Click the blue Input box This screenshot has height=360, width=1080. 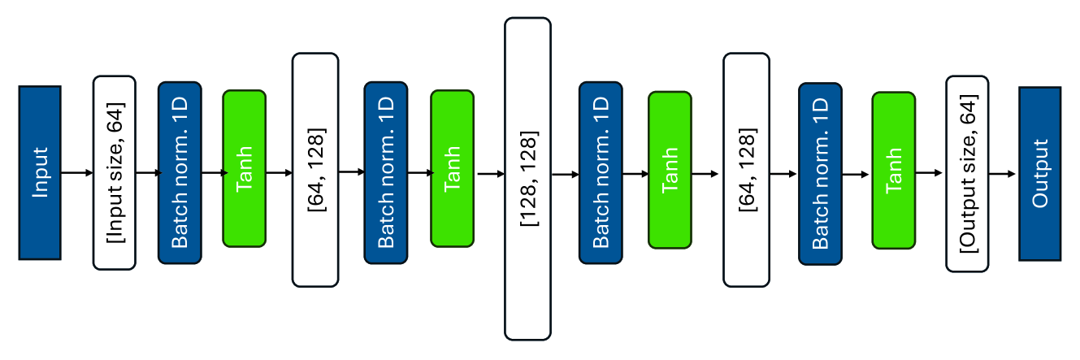[x=40, y=172]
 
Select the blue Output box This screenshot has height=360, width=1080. [x=1039, y=172]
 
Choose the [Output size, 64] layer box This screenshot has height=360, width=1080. [x=967, y=173]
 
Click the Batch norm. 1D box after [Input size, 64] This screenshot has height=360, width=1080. [x=179, y=172]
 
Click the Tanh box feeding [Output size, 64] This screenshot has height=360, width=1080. [x=893, y=170]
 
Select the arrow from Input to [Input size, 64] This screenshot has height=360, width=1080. [x=77, y=172]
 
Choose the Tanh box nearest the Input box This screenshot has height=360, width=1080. [x=244, y=168]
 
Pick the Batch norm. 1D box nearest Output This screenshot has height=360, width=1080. [x=821, y=173]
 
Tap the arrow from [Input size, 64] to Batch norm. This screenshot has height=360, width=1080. [x=146, y=172]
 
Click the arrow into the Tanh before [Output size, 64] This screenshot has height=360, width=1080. [x=857, y=173]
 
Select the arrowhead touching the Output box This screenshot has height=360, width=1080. [x=1013, y=173]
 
